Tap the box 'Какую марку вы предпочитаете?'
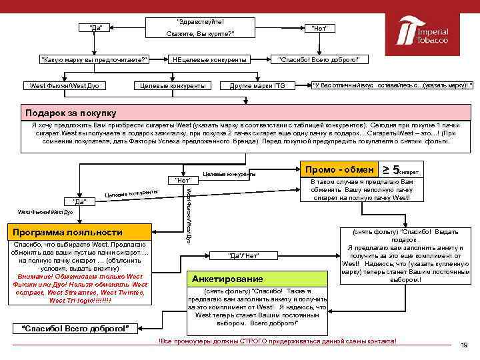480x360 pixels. pyautogui.click(x=94, y=60)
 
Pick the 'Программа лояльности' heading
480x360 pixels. pyautogui.click(x=65, y=232)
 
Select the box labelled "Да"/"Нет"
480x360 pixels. pyautogui.click(x=243, y=256)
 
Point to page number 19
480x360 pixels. pyautogui.click(x=464, y=345)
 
